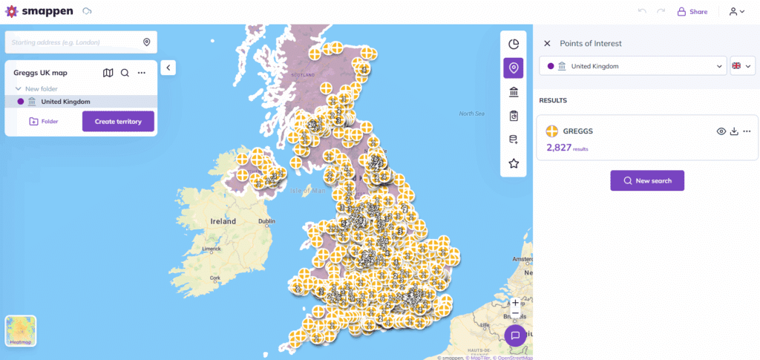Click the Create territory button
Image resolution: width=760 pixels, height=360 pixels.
[x=118, y=121]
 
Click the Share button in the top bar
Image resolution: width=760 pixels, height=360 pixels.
[x=692, y=12]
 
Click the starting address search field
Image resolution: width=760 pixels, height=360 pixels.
[x=74, y=42]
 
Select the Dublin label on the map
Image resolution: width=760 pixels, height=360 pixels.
[x=266, y=221]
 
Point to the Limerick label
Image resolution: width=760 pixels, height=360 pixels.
[x=212, y=248]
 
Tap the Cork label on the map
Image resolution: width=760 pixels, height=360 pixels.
[x=215, y=278]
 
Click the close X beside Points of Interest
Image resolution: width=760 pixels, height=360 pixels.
[x=547, y=44]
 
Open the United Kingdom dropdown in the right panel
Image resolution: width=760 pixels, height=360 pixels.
[x=632, y=66]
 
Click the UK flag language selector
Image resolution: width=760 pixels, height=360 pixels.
[x=742, y=66]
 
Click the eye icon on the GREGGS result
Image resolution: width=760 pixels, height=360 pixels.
[x=721, y=131]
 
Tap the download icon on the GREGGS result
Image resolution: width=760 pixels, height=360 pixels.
[x=734, y=131]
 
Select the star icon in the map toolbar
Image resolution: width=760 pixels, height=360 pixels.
[x=513, y=163]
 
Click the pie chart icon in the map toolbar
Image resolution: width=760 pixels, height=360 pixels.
[x=513, y=44]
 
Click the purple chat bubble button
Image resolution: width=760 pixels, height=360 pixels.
[x=515, y=336]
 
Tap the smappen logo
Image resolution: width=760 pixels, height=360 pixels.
[x=40, y=12]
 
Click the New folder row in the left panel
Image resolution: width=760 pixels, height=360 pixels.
[x=41, y=89]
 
